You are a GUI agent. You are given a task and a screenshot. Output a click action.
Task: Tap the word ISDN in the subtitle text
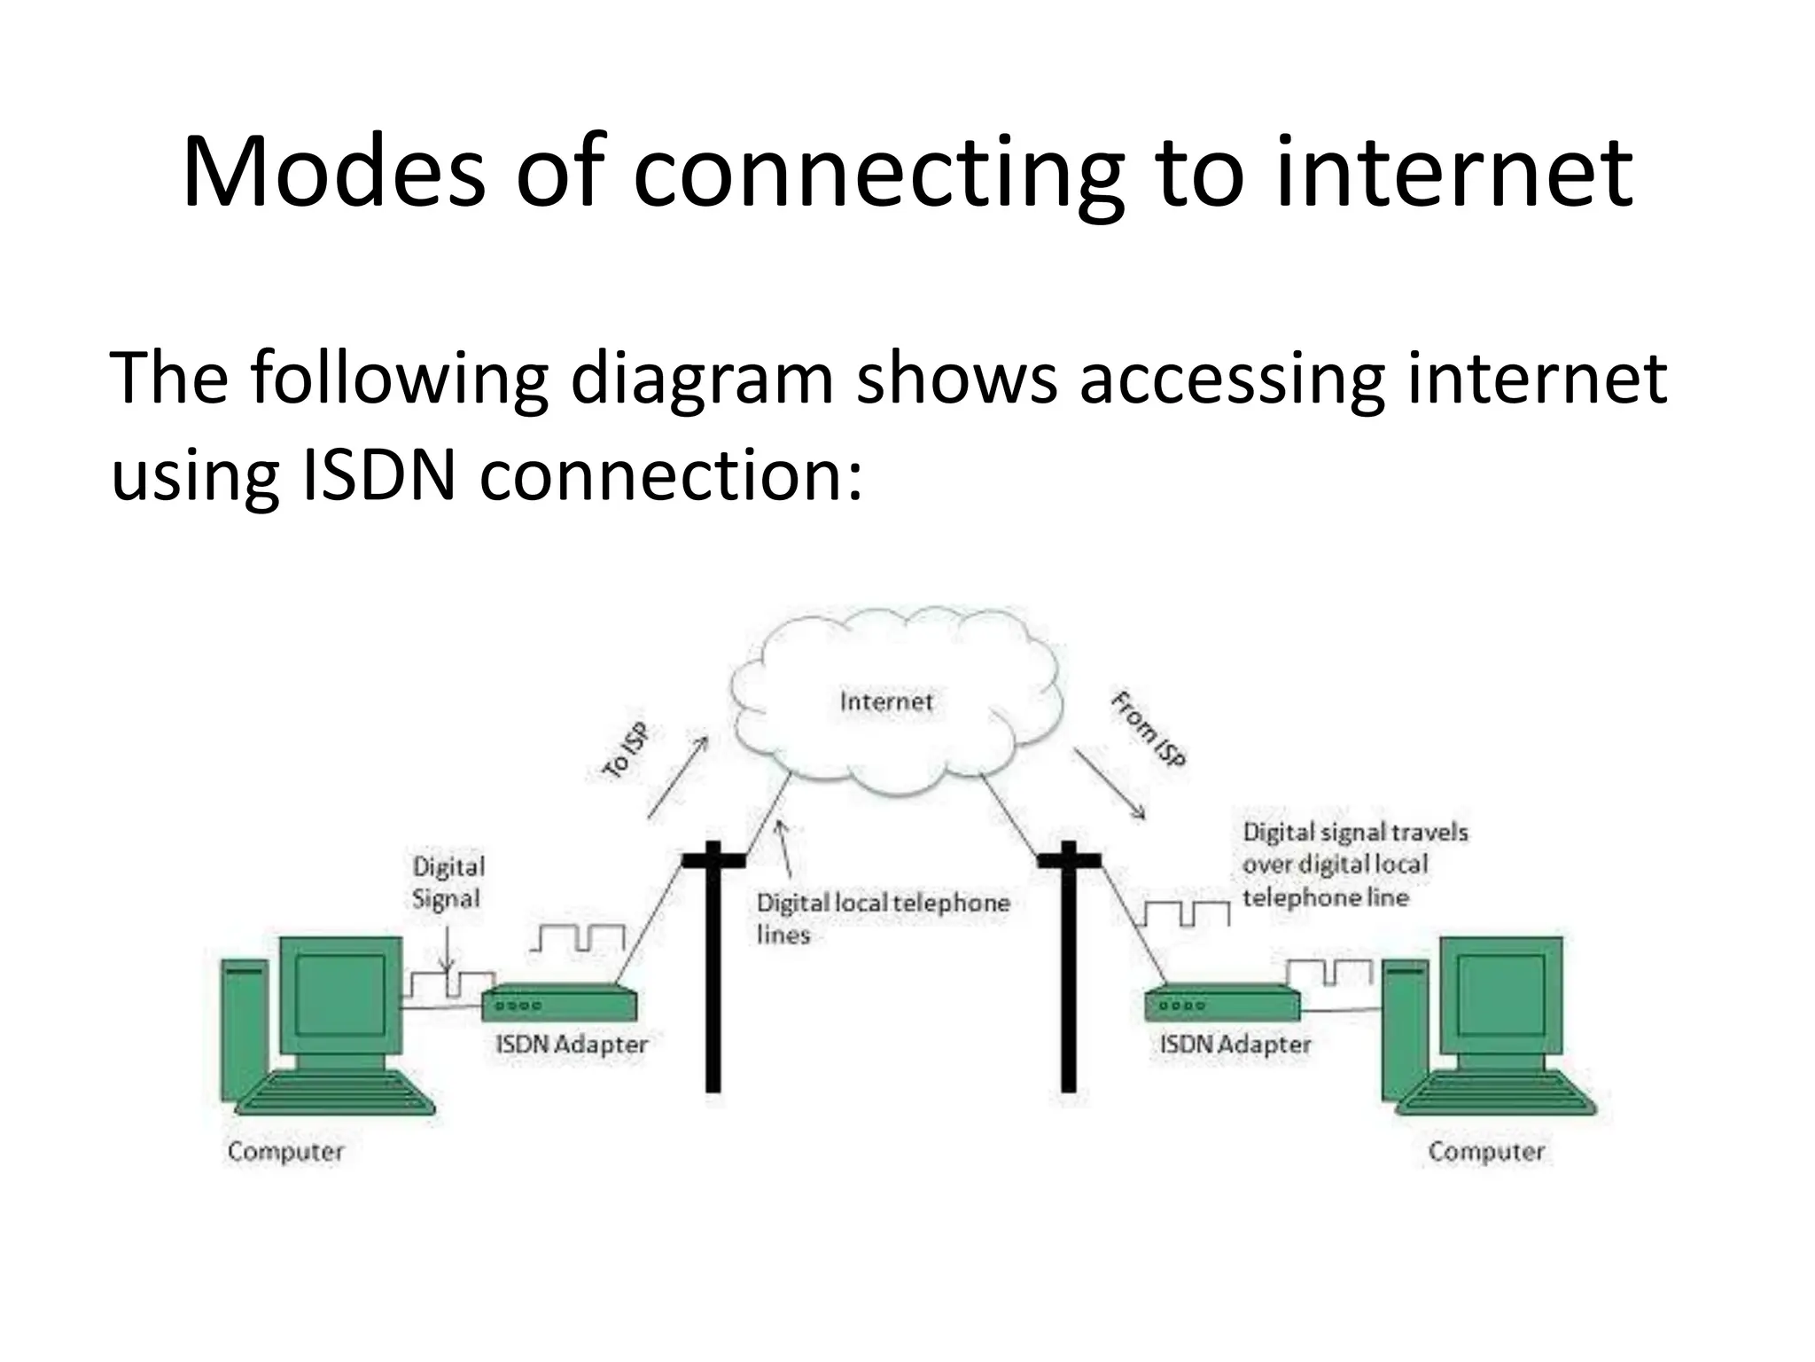379,475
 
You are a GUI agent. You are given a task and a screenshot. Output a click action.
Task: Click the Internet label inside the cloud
885,702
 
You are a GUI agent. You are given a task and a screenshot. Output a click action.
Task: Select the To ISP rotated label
626,751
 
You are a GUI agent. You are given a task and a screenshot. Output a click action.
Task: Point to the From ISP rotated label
1148,729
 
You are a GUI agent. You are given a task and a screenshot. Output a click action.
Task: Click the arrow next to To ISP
678,777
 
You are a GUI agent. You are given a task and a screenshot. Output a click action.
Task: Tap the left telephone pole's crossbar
713,859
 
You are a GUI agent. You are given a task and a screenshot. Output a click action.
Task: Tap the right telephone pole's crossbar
1069,859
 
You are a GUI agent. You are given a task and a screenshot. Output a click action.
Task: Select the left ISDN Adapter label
572,1045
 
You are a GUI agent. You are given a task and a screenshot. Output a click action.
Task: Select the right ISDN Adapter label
1235,1045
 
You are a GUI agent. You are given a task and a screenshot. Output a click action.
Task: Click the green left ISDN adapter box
559,1005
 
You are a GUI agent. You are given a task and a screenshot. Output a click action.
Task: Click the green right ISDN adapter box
1222,1005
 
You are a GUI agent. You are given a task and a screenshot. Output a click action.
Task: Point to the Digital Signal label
448,882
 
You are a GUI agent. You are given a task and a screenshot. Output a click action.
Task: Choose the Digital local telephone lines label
882,918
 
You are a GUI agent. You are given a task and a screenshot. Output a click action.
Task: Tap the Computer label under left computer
285,1152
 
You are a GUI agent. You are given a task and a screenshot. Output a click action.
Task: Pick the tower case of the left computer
245,1029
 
